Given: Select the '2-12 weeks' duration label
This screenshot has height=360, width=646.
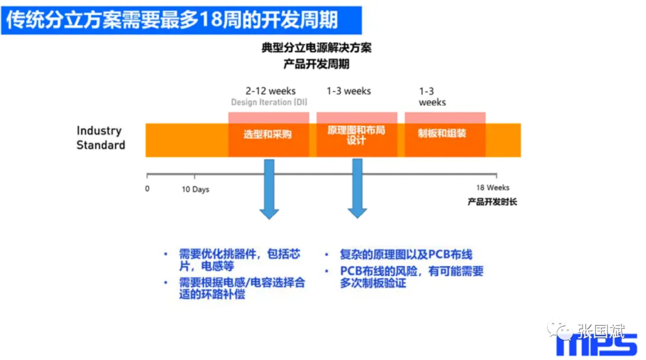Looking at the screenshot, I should (270, 91).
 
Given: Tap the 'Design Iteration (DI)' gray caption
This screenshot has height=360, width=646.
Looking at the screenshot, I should (270, 102).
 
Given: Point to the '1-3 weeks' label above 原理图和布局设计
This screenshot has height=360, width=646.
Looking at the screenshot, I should (348, 91).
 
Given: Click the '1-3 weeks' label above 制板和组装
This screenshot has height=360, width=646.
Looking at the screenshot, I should (432, 96).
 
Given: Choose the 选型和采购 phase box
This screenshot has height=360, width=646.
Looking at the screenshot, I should (268, 134).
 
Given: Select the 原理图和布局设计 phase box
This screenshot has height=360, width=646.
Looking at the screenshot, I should (356, 135).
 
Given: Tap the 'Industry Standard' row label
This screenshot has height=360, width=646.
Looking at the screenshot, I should (100, 138).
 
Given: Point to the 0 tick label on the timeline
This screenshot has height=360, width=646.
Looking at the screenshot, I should (147, 189).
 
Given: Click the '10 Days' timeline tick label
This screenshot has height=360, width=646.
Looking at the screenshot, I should (195, 189).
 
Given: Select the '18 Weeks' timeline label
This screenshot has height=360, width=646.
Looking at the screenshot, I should (493, 188).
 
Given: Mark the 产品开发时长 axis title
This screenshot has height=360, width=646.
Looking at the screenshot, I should (492, 202).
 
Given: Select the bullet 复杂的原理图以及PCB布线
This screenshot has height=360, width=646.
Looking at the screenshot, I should (406, 254).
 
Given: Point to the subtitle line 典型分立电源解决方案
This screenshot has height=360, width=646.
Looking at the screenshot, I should (316, 48).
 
